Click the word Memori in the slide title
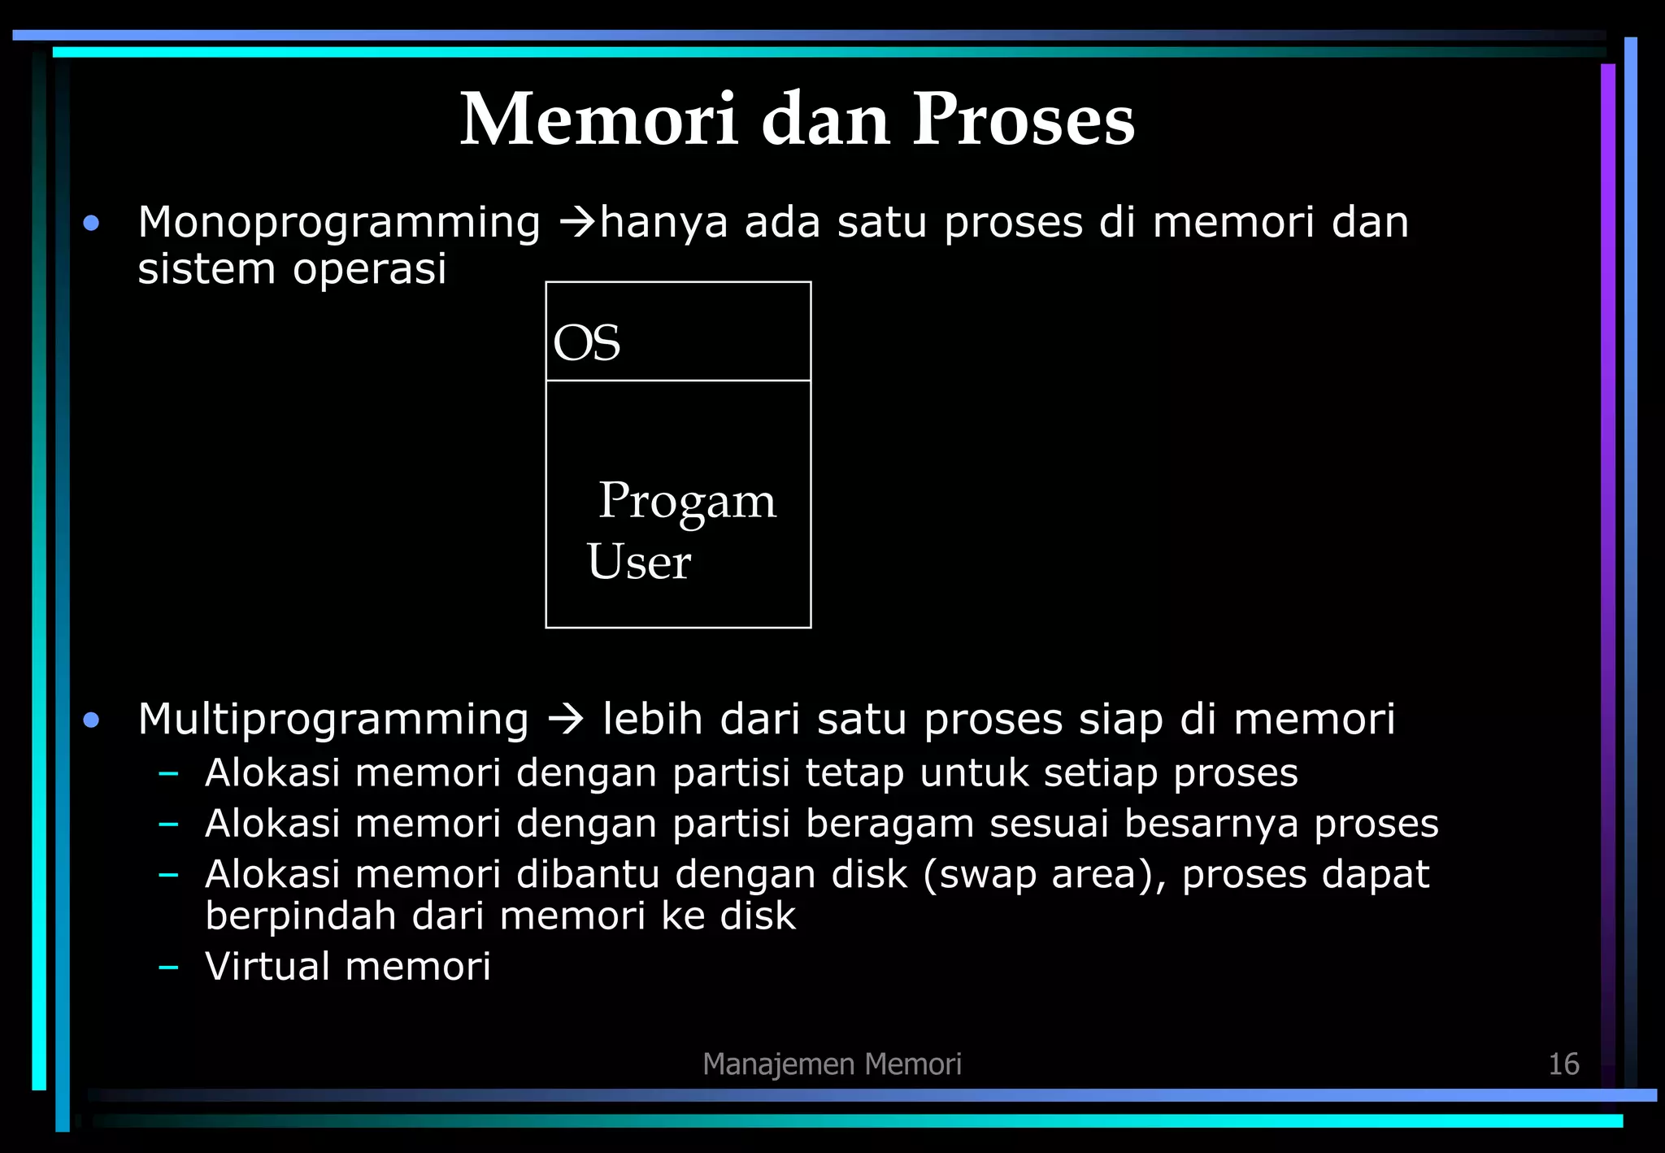click(599, 120)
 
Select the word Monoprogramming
click(339, 224)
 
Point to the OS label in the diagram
click(586, 343)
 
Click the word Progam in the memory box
click(687, 502)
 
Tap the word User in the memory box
click(638, 561)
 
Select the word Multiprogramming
click(333, 720)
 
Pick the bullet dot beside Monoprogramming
click(91, 223)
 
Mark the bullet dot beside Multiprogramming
click(91, 720)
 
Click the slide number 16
click(1563, 1064)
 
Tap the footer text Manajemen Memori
click(832, 1064)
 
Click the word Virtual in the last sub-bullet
click(267, 966)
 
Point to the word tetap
click(854, 772)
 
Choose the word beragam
click(889, 824)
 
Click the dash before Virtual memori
click(168, 967)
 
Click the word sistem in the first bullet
click(206, 269)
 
